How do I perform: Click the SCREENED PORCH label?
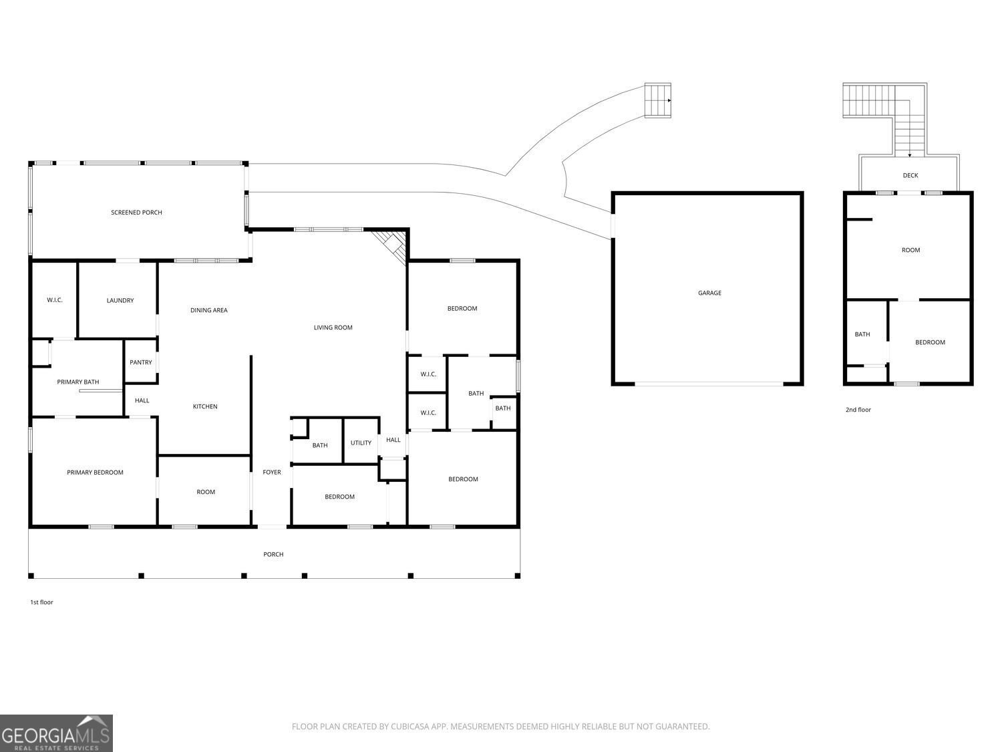136,213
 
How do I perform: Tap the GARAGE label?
709,293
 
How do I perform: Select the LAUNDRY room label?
120,300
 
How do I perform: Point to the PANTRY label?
140,362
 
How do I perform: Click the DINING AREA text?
208,310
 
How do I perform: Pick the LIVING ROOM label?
333,328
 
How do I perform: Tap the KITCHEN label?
205,406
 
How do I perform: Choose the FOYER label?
272,472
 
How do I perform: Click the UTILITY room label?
361,443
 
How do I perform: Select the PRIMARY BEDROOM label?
95,472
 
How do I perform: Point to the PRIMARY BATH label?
77,382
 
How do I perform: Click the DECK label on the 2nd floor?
910,175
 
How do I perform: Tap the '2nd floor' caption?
858,410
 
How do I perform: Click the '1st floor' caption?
41,602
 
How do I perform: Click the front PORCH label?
273,554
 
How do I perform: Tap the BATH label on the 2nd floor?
862,334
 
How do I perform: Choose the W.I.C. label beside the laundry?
54,300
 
